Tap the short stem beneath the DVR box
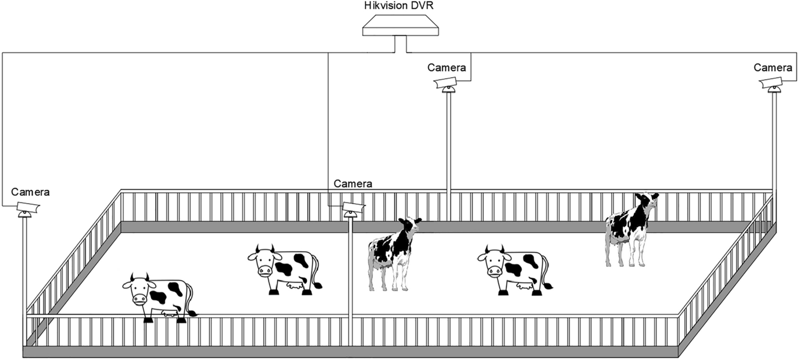pyautogui.click(x=401, y=44)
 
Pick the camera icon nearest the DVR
pyautogui.click(x=446, y=84)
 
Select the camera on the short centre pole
pyautogui.click(x=352, y=208)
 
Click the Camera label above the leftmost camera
pyautogui.click(x=30, y=192)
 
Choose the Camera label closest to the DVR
pyautogui.click(x=447, y=68)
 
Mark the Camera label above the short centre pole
pyautogui.click(x=353, y=184)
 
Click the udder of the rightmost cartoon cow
pyautogui.click(x=523, y=288)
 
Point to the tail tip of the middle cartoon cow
pyautogui.click(x=319, y=286)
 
